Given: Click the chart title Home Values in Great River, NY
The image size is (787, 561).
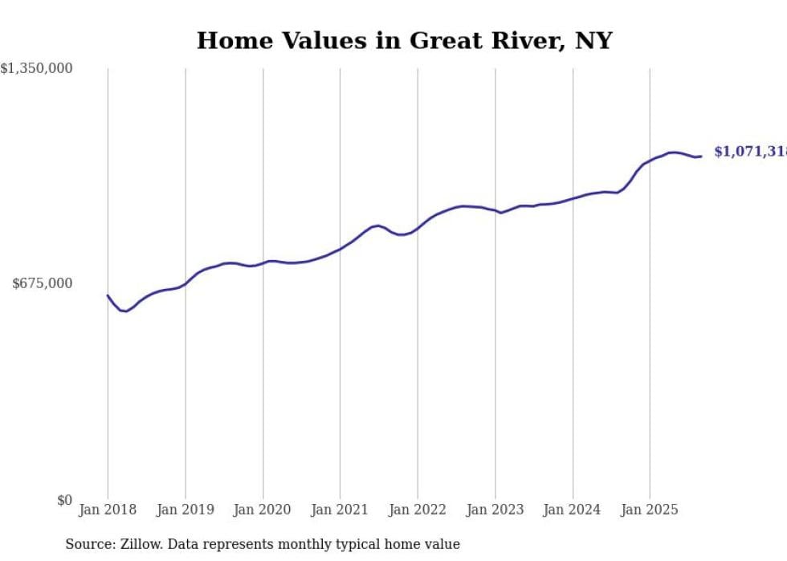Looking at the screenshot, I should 404,40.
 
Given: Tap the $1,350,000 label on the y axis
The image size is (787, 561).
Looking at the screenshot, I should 36,69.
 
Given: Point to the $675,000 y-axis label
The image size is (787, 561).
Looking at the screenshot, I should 42,283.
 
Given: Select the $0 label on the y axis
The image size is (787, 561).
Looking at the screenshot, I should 64,500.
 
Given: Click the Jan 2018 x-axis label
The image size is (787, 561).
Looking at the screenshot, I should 108,510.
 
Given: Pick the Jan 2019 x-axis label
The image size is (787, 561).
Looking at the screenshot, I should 186,510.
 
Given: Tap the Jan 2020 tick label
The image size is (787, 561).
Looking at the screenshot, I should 263,510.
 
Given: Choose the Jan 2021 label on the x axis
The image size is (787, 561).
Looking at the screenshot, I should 340,510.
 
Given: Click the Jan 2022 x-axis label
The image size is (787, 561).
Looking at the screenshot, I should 418,510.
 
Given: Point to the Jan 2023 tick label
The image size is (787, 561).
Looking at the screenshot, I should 495,510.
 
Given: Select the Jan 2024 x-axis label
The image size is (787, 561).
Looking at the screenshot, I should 572,510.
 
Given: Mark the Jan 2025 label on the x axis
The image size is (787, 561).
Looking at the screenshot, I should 650,510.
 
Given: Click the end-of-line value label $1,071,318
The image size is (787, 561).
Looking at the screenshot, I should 750,152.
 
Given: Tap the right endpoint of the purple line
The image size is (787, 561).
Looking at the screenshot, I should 701,156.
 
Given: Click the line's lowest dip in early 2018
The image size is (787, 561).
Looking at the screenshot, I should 125,311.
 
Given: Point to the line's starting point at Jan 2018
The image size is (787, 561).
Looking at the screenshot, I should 108,295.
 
